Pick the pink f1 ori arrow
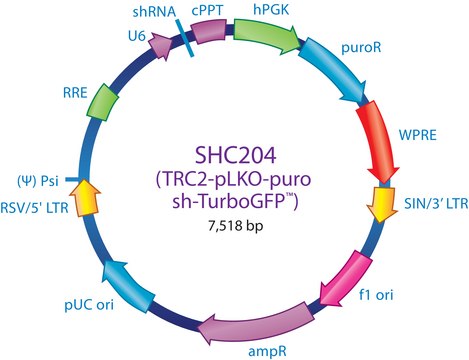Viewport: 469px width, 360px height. click(346, 279)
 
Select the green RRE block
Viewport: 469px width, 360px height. click(102, 102)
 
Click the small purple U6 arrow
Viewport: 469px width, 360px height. click(161, 46)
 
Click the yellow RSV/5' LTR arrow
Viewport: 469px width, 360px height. click(85, 197)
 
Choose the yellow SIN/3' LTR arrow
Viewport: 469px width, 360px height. click(382, 204)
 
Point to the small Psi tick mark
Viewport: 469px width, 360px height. click(71, 180)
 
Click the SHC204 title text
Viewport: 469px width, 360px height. click(235, 155)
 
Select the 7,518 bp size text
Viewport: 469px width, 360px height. click(236, 226)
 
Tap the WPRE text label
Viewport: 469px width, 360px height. click(418, 135)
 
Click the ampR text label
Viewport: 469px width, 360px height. click(267, 351)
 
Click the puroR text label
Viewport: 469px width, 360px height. click(361, 48)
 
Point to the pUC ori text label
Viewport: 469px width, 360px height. click(89, 305)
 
